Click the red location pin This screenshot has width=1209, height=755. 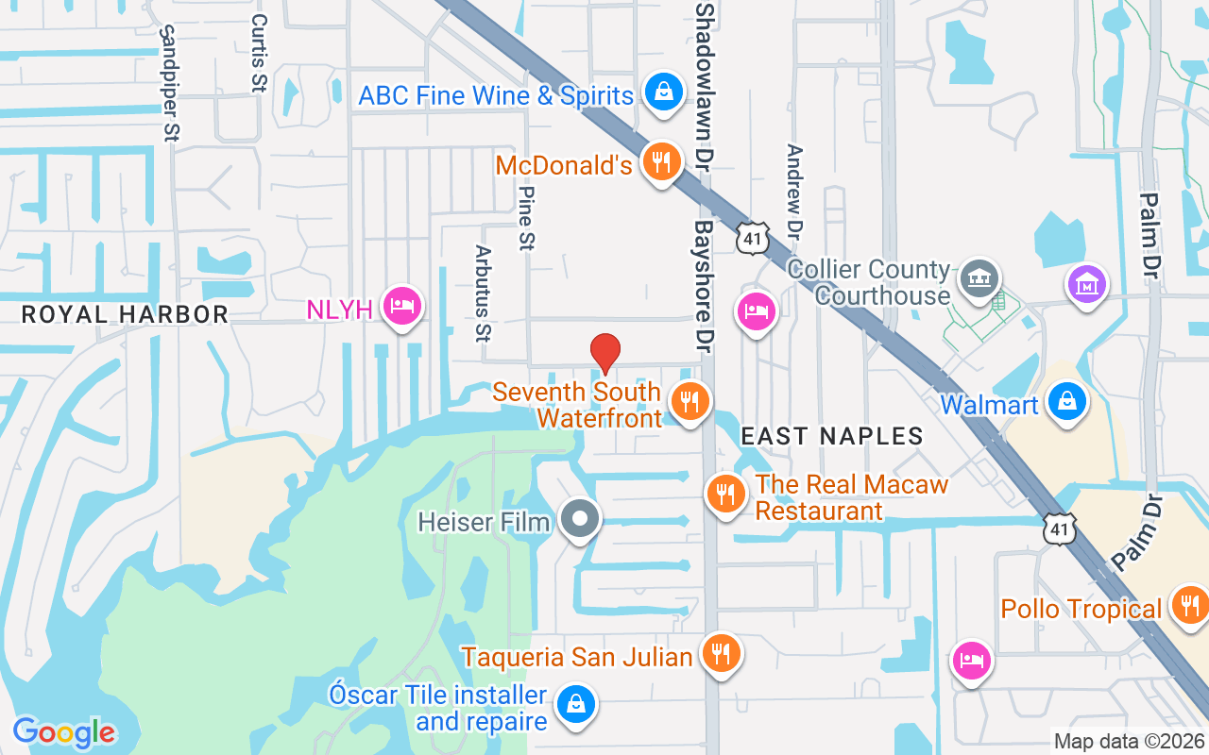tap(605, 351)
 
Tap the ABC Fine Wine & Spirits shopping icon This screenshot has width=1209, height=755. tap(664, 92)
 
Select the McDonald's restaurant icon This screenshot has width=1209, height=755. tap(661, 162)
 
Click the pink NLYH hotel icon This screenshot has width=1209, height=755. tap(403, 306)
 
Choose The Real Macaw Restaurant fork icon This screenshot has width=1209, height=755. tap(725, 494)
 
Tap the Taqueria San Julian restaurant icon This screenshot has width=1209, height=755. tap(721, 652)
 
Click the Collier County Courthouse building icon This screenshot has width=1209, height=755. tap(979, 279)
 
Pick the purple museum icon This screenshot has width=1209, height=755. tap(1086, 282)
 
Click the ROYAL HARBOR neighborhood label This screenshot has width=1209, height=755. tap(125, 314)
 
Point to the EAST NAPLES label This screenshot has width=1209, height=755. tap(831, 435)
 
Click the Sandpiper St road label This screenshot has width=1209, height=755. tap(169, 83)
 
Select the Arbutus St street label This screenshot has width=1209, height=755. tap(484, 294)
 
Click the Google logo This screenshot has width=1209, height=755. tap(63, 731)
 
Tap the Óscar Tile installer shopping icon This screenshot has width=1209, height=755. tap(574, 706)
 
